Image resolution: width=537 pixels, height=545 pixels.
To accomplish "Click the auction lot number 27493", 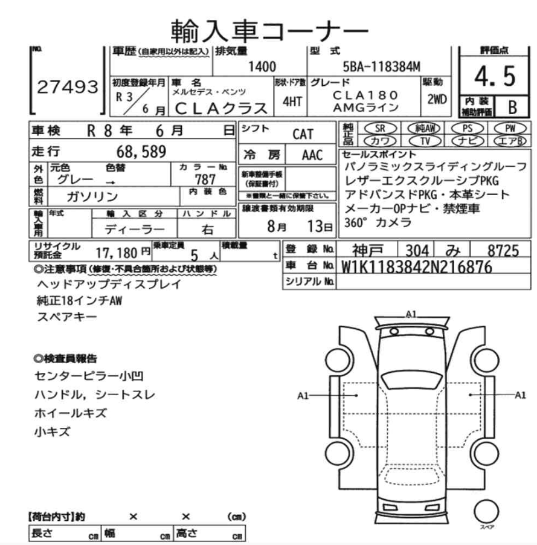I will [68, 87].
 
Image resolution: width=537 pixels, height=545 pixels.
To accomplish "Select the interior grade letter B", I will [512, 108].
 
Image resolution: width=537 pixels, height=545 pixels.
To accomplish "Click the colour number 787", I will [205, 179].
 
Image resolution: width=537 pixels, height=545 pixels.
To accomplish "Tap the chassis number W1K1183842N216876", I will [416, 266].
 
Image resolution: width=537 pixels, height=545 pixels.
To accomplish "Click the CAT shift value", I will [303, 134].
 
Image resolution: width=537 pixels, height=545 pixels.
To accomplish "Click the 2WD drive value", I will [437, 99].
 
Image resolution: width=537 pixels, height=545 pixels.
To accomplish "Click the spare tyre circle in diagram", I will [486, 513].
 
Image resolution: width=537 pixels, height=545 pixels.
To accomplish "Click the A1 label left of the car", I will [303, 395].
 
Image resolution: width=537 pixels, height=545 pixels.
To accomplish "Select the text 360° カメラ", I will [378, 222].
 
